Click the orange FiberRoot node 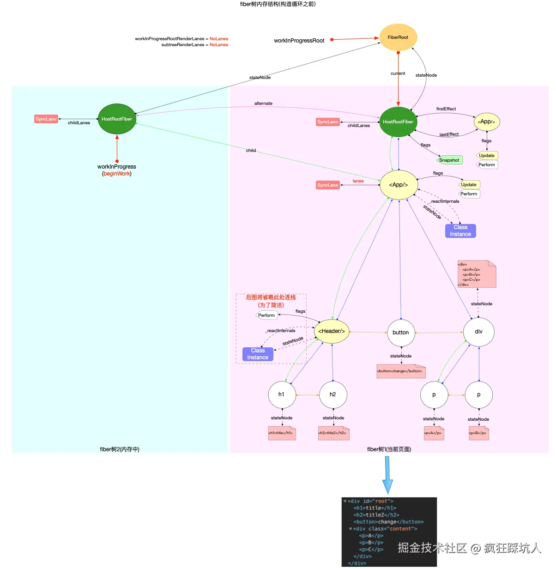tap(398, 37)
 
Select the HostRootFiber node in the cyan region tap(117, 119)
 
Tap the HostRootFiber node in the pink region tap(398, 122)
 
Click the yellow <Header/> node tap(332, 331)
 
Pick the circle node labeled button tap(401, 333)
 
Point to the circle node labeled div tap(478, 332)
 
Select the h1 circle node tap(281, 394)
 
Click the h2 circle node tap(332, 394)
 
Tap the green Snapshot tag tap(449, 160)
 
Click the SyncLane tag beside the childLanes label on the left tap(46, 119)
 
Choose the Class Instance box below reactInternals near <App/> tap(460, 231)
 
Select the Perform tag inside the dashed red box tap(266, 315)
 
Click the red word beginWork tap(117, 174)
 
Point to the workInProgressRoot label tap(299, 41)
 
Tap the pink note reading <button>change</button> tap(400, 371)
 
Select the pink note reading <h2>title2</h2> tap(332, 433)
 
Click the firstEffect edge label tap(446, 109)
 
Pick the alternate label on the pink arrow tap(263, 103)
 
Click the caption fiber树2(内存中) tap(120, 449)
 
